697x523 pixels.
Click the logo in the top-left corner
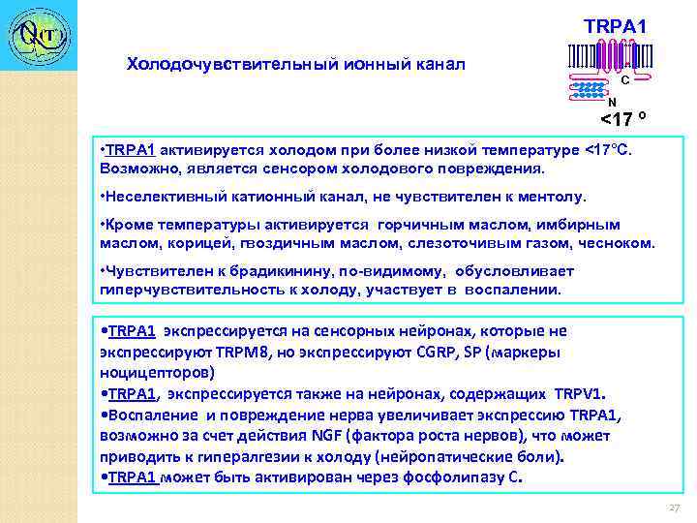point(37,36)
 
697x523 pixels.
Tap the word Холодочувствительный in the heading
point(209,65)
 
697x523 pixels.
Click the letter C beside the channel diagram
point(625,80)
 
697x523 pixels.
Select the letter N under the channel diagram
point(611,102)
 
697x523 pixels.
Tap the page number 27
point(675,508)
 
